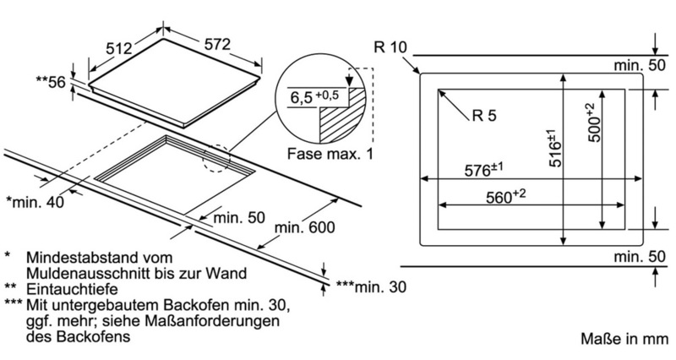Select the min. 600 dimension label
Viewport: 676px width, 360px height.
pos(307,227)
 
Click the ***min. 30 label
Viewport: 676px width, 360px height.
pos(370,287)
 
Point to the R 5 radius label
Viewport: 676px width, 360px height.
pos(488,117)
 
